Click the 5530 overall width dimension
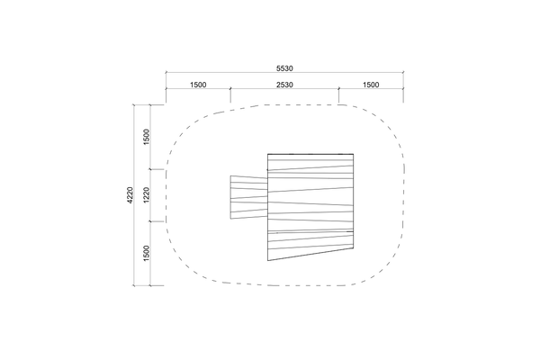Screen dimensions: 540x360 (284, 68)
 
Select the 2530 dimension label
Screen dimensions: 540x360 (284, 85)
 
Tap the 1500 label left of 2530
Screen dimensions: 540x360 (198, 85)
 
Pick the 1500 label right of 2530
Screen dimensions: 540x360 (371, 85)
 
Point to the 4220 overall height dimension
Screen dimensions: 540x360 (130, 195)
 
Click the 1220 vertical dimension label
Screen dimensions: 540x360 (147, 195)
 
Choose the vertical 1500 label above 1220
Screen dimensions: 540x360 (147, 137)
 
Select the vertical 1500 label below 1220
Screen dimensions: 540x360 (147, 253)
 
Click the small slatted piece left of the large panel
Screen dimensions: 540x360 (249, 197)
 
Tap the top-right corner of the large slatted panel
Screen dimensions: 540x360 (354, 154)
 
